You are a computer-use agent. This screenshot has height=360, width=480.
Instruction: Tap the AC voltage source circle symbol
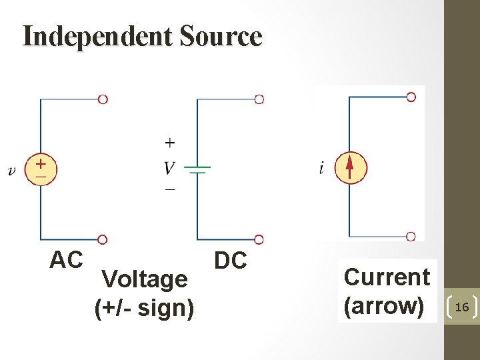(41, 169)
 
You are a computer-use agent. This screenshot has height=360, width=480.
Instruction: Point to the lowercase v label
(11, 171)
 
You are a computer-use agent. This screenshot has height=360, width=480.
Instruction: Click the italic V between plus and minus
(171, 167)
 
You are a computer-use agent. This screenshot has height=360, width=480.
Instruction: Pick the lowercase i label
(321, 168)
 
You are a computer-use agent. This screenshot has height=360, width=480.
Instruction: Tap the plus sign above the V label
(170, 142)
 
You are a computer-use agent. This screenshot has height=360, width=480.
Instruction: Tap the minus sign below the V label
(170, 190)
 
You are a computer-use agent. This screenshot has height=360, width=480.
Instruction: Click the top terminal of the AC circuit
(103, 99)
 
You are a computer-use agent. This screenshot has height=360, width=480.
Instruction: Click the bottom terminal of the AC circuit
(103, 239)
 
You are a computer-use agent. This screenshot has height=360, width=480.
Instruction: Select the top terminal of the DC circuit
(259, 99)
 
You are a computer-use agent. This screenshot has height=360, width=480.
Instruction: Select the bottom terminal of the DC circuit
(259, 239)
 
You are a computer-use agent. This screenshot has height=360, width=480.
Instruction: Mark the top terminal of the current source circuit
(411, 97)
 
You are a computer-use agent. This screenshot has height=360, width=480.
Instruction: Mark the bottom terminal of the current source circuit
(411, 236)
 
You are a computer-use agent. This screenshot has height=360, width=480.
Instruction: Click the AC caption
(66, 260)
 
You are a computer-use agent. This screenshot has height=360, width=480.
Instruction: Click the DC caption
(230, 261)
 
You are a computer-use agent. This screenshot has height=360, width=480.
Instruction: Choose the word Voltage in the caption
(145, 279)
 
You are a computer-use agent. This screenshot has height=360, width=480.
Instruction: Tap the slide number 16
(461, 306)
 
